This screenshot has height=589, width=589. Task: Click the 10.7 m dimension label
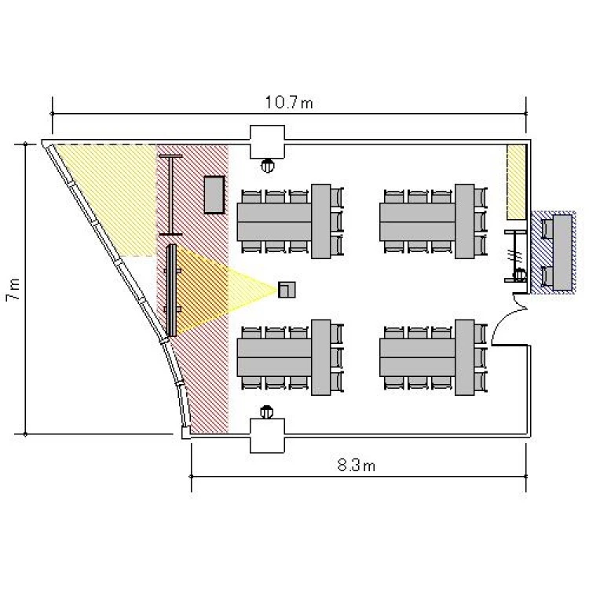[x=289, y=102]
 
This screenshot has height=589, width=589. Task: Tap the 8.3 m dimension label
[x=356, y=466]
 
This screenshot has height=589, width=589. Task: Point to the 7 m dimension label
[x=13, y=289]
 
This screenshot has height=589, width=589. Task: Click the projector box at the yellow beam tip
[x=287, y=290]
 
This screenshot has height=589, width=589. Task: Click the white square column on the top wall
[x=267, y=141]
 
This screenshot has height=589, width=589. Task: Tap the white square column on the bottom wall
[x=267, y=436]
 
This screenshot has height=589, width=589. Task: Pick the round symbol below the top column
[x=268, y=166]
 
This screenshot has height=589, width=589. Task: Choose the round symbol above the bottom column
[x=267, y=412]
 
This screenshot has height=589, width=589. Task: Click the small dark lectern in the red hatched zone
[x=214, y=195]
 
